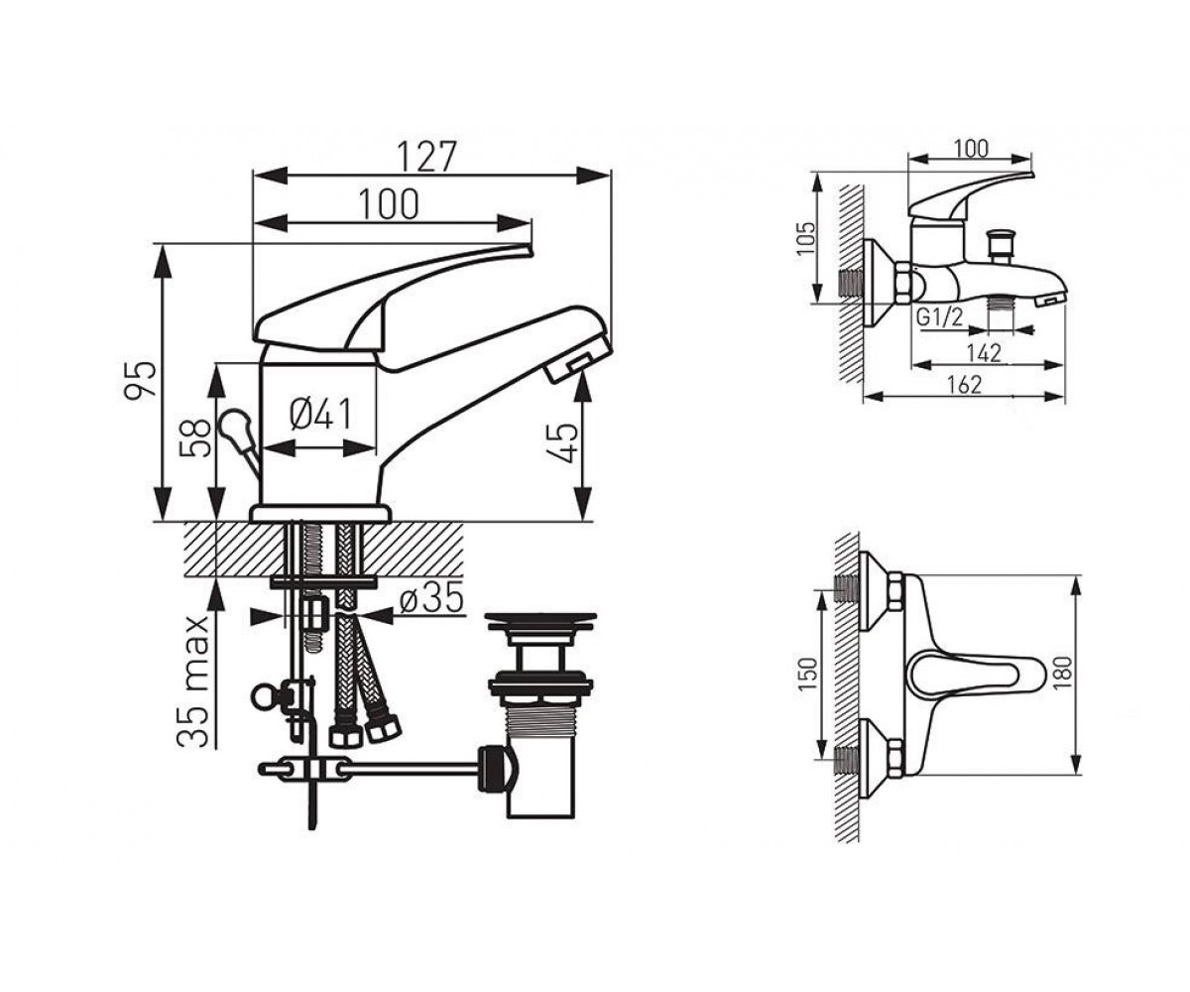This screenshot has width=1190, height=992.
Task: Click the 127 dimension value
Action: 426,156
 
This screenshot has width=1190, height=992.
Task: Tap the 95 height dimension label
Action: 141,378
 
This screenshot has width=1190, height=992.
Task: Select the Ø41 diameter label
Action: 319,414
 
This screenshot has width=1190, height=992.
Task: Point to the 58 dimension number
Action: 195,438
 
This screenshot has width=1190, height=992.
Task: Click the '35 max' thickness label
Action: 191,682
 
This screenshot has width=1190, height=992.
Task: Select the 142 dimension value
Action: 984,353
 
